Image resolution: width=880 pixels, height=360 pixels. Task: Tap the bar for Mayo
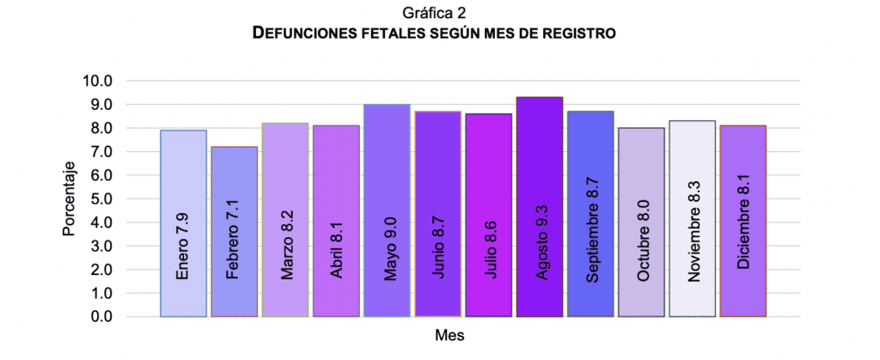tap(387, 146)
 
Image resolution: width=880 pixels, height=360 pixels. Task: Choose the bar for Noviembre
tap(692, 155)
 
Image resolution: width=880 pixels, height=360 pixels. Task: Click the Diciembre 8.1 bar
tap(743, 163)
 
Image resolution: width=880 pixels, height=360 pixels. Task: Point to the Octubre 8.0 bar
tap(641, 163)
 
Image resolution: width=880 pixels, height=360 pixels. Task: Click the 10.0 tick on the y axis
tap(98, 81)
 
